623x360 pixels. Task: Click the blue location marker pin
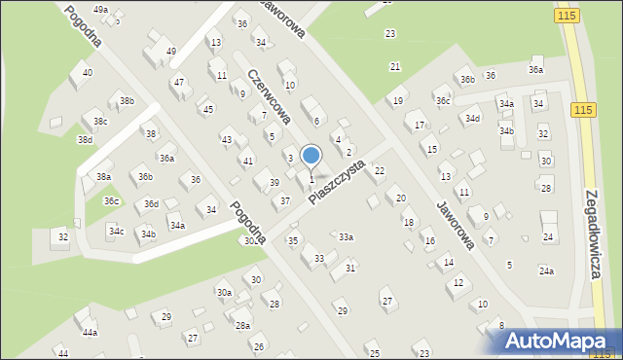(311, 156)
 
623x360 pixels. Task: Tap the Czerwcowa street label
(270, 97)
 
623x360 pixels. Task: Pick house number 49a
(100, 9)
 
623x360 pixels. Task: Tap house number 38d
(86, 139)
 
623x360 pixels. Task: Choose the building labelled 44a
(90, 332)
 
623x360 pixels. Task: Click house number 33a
(346, 236)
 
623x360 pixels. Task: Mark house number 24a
(546, 270)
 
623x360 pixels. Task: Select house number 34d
(472, 119)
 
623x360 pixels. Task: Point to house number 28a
(242, 325)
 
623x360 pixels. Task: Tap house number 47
(178, 83)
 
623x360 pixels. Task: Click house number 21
(395, 66)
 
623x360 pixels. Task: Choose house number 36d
(151, 203)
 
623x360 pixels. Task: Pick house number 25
(374, 352)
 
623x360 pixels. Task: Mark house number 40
(88, 73)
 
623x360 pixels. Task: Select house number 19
(397, 100)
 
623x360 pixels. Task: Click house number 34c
(116, 231)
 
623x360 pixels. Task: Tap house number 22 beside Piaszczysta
(380, 170)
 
